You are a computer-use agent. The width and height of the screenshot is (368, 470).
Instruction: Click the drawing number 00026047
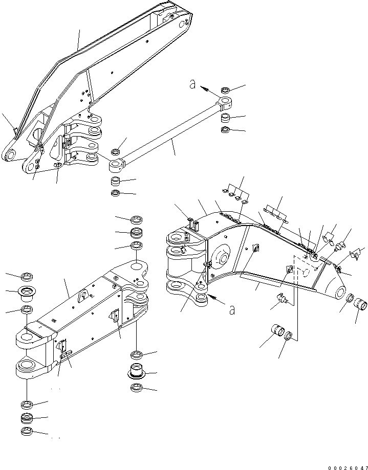click(x=342, y=466)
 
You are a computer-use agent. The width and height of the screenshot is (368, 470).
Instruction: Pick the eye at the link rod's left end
click(x=116, y=165)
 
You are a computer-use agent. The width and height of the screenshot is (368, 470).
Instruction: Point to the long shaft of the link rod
click(x=169, y=135)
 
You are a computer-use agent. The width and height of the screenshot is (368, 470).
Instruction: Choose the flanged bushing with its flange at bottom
click(x=136, y=371)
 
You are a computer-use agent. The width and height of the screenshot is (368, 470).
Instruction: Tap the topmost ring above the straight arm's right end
click(x=137, y=220)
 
